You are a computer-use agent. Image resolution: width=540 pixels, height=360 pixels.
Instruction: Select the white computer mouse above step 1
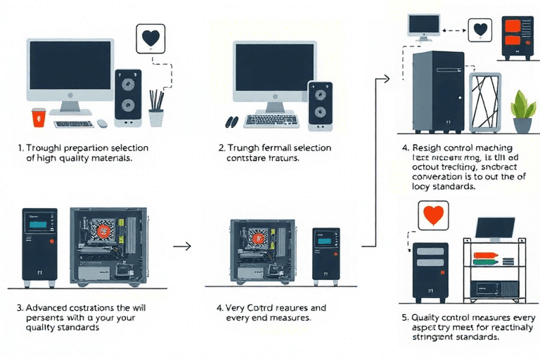[x=102, y=123]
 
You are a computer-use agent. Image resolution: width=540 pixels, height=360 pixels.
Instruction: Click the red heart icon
[x=432, y=216]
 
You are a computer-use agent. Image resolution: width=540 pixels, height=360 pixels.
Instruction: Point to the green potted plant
[x=522, y=111]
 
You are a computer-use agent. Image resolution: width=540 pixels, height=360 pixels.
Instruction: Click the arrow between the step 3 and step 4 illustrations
[x=182, y=246]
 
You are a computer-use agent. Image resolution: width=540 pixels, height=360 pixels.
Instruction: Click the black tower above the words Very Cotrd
[x=326, y=256]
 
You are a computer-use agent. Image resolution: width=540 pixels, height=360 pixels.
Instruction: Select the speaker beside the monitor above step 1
[x=128, y=98]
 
